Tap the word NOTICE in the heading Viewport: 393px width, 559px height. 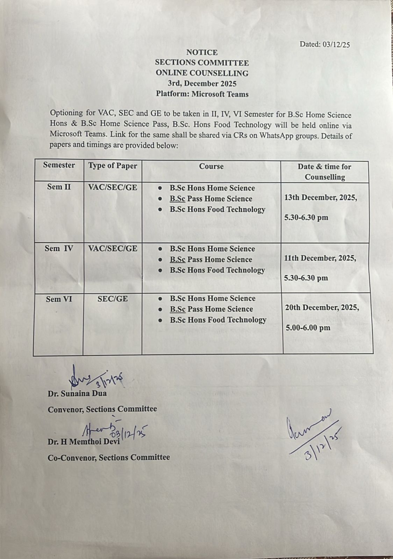(202, 52)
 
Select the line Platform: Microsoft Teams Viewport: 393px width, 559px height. (202, 94)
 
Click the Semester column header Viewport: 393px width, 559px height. (59, 165)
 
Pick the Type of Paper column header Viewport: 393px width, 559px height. (113, 166)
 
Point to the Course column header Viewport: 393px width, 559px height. (211, 166)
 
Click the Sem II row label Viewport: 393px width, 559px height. (59, 187)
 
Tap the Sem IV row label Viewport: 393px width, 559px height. (59, 248)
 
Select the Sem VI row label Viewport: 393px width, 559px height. (59, 299)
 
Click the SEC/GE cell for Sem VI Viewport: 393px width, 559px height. (113, 299)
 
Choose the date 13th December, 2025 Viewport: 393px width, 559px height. (321, 197)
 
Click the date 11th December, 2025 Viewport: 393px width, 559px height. (320, 258)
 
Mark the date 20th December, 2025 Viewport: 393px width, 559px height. (322, 308)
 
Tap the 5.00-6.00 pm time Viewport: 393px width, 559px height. (308, 328)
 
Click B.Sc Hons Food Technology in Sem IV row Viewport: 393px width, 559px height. (217, 270)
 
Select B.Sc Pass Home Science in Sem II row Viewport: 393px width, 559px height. (211, 199)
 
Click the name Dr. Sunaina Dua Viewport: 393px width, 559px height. (77, 393)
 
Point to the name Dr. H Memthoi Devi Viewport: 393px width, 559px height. (84, 442)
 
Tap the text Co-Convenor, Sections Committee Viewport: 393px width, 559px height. (109, 457)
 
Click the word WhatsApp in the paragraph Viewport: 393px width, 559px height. (277, 136)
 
